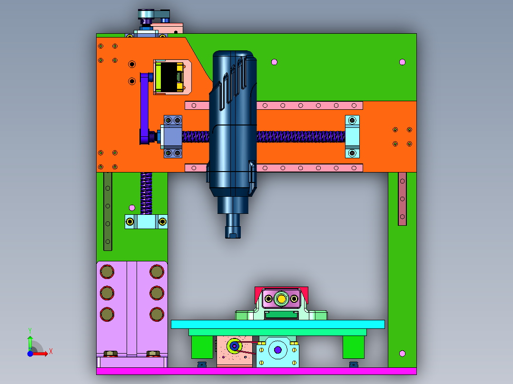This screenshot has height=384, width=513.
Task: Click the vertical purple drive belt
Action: pos(144,108)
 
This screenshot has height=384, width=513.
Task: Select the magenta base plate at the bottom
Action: pos(256,371)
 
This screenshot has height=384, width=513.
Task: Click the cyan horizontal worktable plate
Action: pos(278,324)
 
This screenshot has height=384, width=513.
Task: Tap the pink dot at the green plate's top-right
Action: pos(403,62)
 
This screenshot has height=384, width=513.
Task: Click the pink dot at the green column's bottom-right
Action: pos(403,353)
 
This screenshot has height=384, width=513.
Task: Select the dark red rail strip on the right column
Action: pos(402,199)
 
